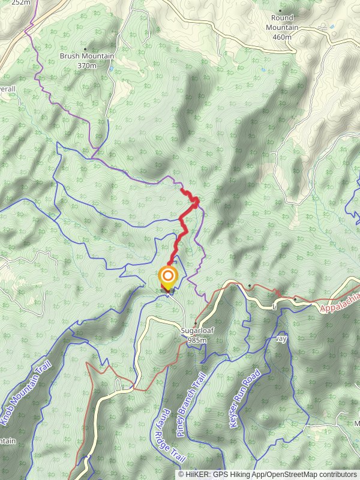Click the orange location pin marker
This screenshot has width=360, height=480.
(168, 277)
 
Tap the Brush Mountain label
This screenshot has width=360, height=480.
(86, 56)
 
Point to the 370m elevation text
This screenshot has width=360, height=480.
(86, 65)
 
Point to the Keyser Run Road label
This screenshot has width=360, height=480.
(244, 398)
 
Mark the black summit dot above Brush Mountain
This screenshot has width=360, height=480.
(85, 49)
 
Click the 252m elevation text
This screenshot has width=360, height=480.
(20, 2)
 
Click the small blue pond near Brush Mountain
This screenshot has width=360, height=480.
(110, 69)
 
